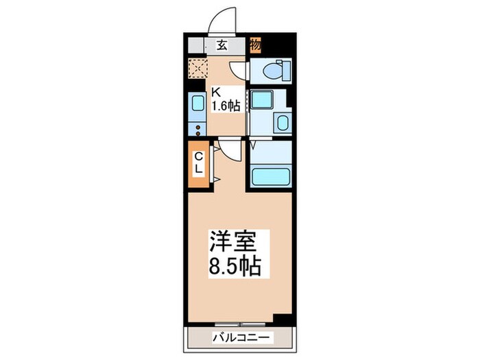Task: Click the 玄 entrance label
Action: pos(222,47)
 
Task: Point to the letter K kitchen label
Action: pos(215,93)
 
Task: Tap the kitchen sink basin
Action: pos(197,104)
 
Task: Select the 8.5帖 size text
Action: pos(234,265)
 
